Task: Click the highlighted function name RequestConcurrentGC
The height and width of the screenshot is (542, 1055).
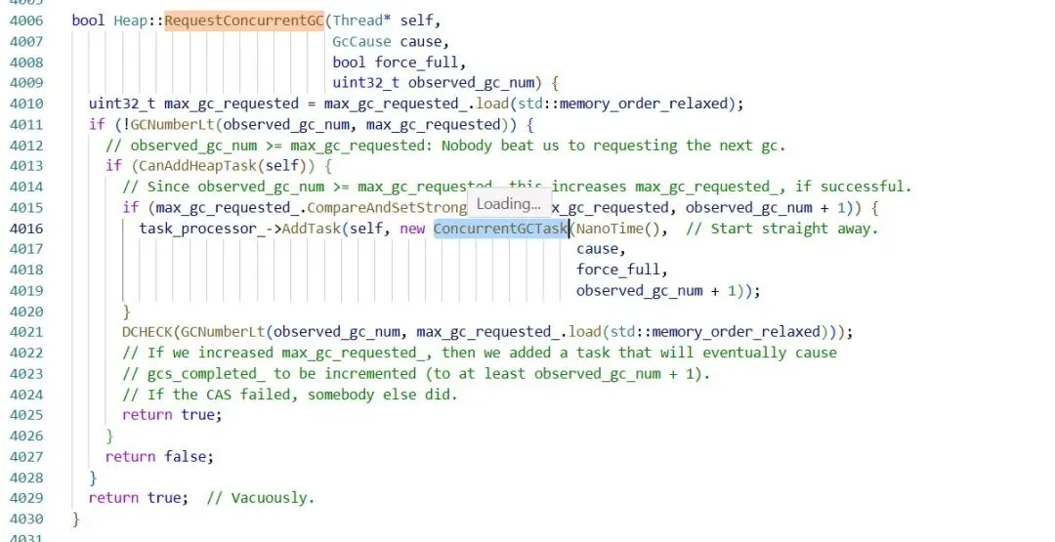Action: (243, 21)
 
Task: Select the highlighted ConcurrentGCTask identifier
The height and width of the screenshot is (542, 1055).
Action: (500, 229)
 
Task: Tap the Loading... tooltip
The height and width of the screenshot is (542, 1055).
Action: (508, 203)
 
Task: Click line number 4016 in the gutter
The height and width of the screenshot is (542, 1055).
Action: (26, 229)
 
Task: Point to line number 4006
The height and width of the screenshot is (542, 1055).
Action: (26, 21)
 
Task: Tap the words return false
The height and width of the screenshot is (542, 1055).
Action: (158, 456)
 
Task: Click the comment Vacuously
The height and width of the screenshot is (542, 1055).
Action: (260, 498)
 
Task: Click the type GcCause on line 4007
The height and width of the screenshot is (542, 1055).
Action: (361, 42)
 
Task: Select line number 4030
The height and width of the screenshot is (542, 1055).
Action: (26, 519)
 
